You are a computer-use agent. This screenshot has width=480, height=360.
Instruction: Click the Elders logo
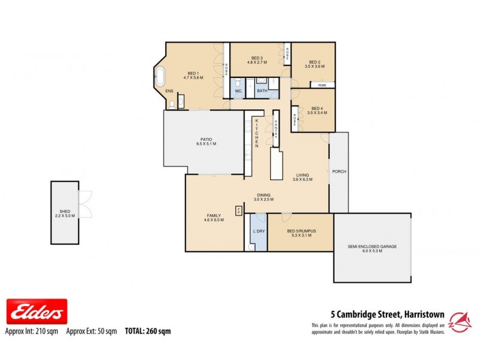37,312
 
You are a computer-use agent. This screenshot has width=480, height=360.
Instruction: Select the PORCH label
339,172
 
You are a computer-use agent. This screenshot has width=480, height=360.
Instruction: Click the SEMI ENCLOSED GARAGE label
372,247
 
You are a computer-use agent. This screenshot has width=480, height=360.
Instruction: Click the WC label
238,91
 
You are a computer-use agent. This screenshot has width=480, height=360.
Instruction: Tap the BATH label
262,91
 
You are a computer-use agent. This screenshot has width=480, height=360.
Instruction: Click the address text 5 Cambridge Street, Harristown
388,313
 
